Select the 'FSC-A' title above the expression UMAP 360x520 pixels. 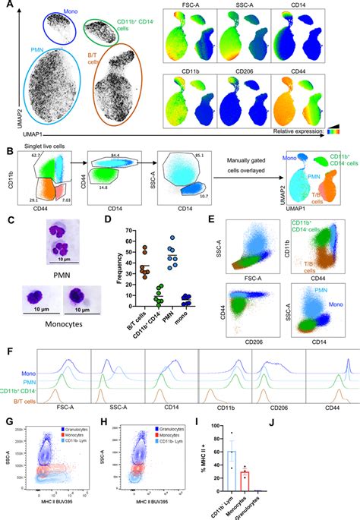coord(192,14)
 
